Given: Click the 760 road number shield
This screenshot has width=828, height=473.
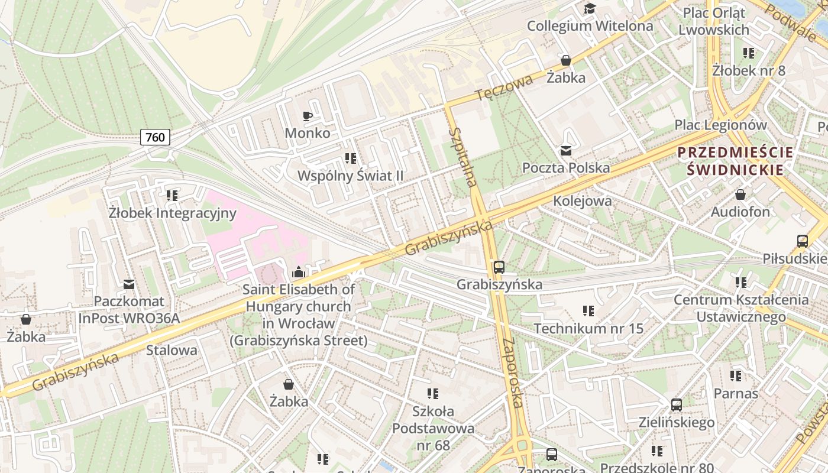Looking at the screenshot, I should pyautogui.click(x=156, y=137).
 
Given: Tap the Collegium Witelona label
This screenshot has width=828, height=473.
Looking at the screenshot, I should pyautogui.click(x=590, y=26).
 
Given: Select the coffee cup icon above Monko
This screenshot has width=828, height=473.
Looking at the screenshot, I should pyautogui.click(x=307, y=116).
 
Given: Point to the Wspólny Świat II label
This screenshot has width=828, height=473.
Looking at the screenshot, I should pyautogui.click(x=350, y=176).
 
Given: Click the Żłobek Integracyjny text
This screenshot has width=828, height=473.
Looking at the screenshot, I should pyautogui.click(x=172, y=213).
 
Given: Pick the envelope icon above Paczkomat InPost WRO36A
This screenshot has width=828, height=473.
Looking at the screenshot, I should pyautogui.click(x=129, y=284).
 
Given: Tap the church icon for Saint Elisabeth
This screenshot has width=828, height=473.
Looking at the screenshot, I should pyautogui.click(x=299, y=272).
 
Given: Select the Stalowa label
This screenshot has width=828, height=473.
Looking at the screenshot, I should pyautogui.click(x=172, y=349).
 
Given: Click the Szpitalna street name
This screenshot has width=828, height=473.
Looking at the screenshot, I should pyautogui.click(x=462, y=157).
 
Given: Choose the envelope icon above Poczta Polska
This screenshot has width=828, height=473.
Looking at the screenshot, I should pyautogui.click(x=566, y=151).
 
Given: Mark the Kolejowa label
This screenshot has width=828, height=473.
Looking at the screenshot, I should pyautogui.click(x=582, y=201).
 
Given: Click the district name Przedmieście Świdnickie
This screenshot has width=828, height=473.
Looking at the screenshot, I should pyautogui.click(x=735, y=161).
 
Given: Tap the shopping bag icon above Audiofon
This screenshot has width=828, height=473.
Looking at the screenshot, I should pyautogui.click(x=740, y=195).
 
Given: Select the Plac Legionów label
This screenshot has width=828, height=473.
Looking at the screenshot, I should pyautogui.click(x=720, y=125).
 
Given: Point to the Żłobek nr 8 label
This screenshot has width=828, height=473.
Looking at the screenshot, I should pyautogui.click(x=748, y=71).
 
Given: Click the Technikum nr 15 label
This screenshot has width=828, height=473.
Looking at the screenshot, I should pyautogui.click(x=588, y=328).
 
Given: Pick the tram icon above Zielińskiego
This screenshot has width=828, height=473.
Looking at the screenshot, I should pyautogui.click(x=676, y=405).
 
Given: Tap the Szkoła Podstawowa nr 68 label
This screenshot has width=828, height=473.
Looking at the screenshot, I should pyautogui.click(x=433, y=428).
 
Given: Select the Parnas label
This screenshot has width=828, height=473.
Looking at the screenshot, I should pyautogui.click(x=735, y=393).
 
